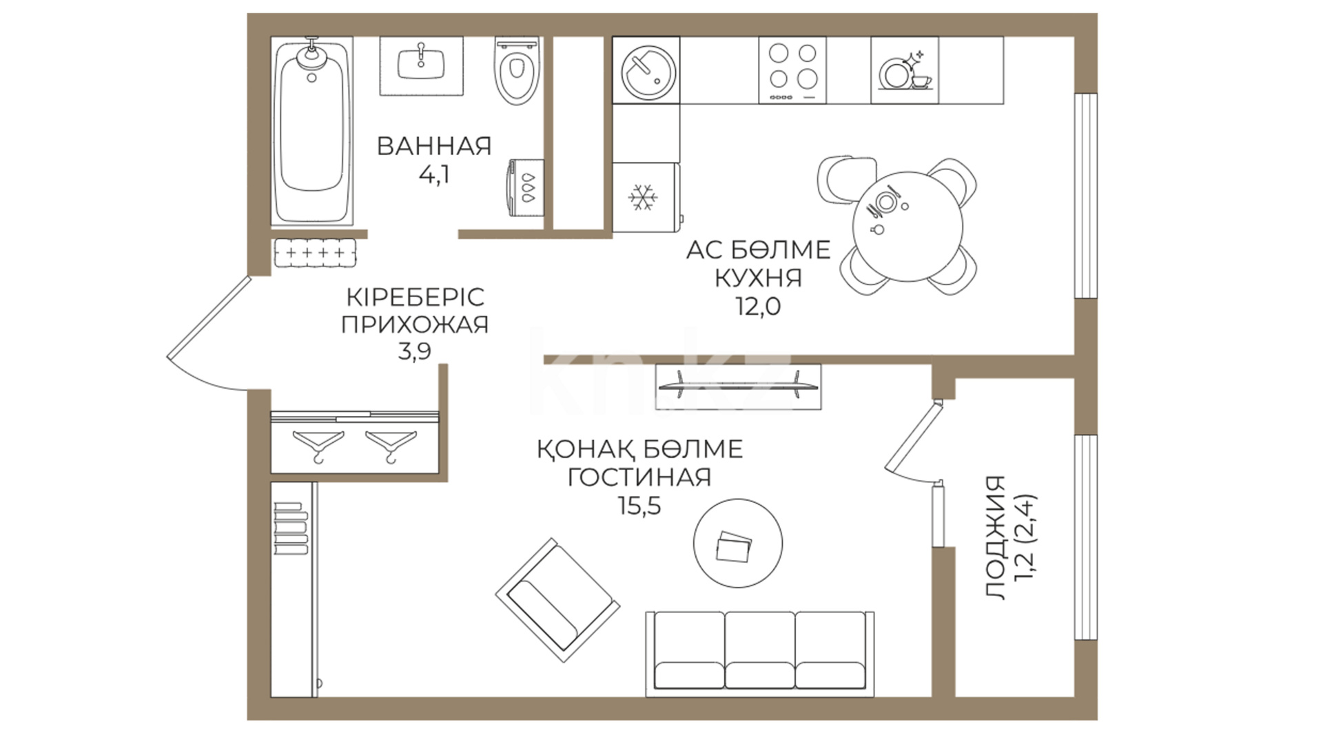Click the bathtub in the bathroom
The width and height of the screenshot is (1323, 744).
[x=313, y=131]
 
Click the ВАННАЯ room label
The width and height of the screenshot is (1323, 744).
[x=434, y=146]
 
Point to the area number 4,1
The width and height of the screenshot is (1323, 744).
[x=434, y=175]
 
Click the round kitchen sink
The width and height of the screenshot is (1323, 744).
[x=646, y=70]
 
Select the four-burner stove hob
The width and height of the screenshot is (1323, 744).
[x=792, y=70]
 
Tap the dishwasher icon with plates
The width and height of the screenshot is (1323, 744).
[x=904, y=70]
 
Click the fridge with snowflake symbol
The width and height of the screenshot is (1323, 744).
[x=645, y=198]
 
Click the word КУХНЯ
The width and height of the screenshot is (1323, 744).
[x=758, y=278]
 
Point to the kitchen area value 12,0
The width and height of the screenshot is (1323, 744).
[x=758, y=307]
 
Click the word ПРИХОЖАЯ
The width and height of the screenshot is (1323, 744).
[x=415, y=324]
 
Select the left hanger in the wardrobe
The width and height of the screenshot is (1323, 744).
[x=318, y=445]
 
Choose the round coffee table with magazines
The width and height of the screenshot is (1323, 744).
[x=737, y=542]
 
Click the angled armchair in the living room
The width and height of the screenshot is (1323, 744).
[x=557, y=599]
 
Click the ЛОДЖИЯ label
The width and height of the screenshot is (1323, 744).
[x=995, y=537]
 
